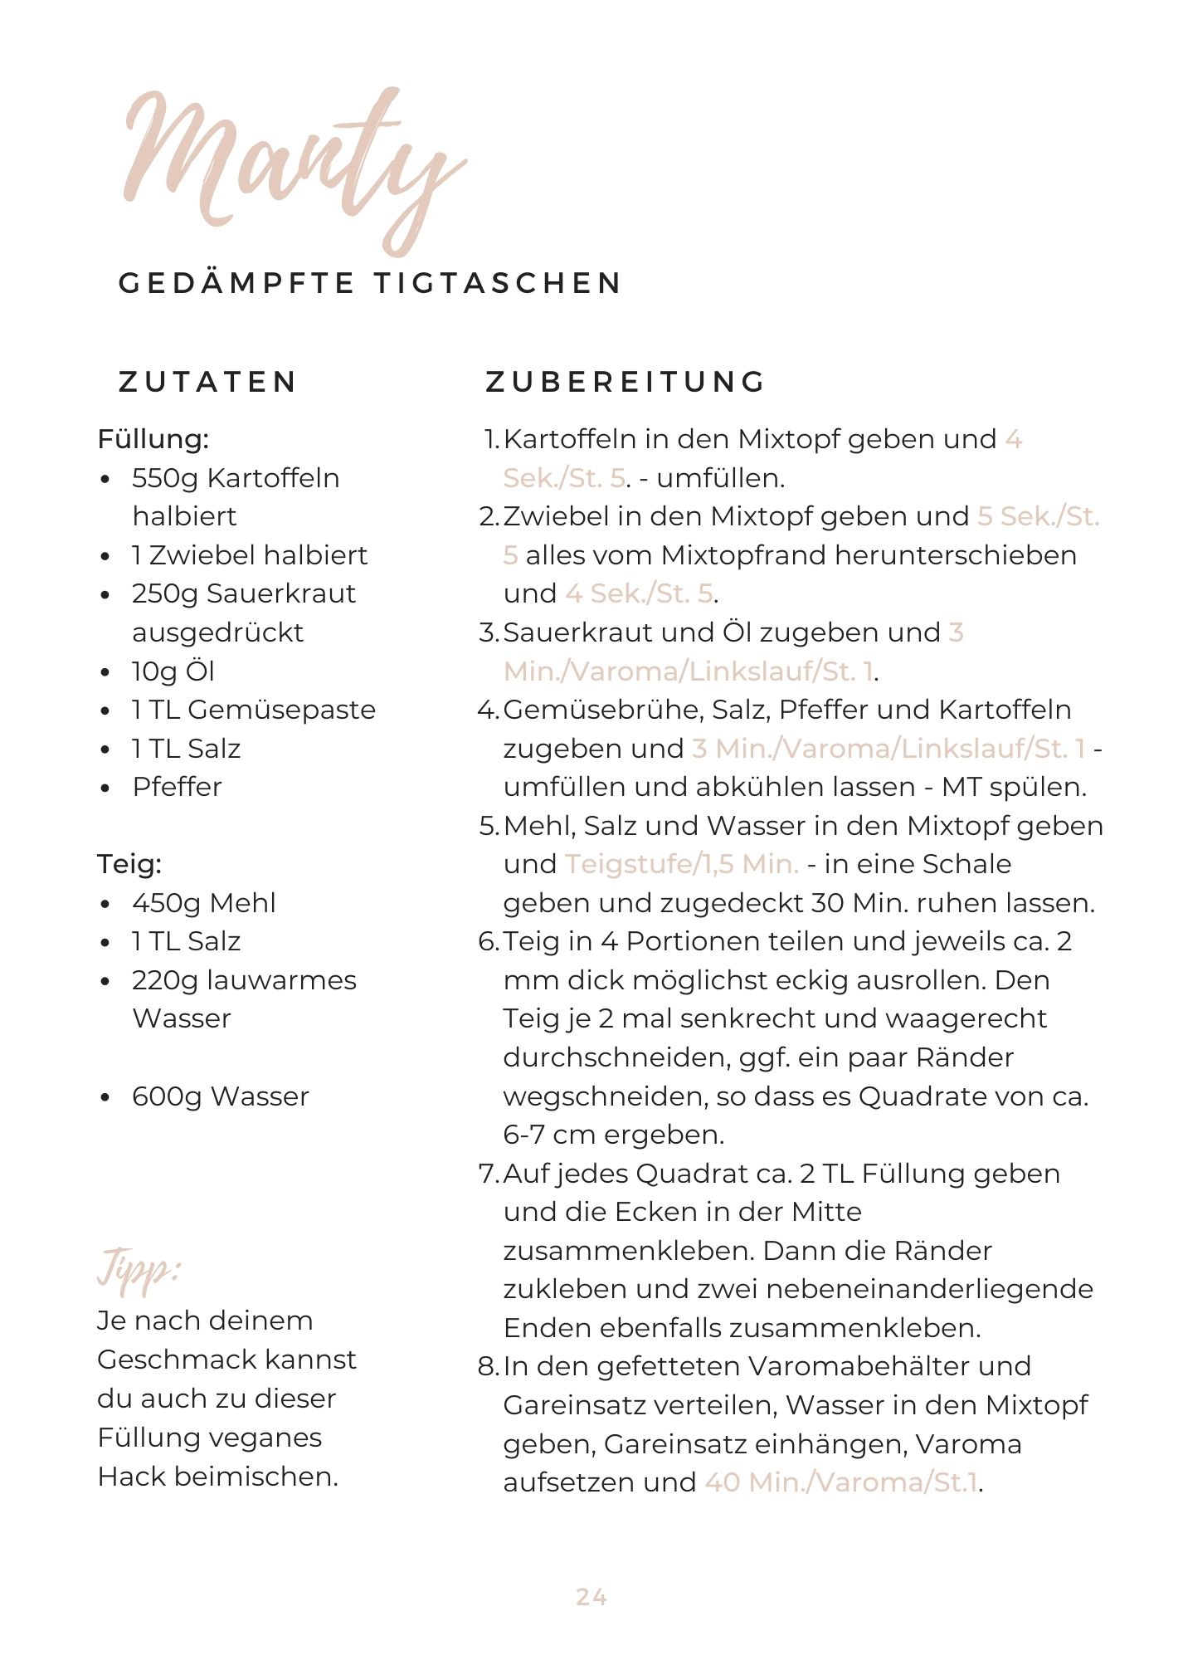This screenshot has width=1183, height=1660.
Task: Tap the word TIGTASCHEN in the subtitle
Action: coord(497,283)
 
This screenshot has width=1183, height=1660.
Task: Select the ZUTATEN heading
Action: coord(208,382)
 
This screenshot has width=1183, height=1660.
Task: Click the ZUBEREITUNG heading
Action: coord(626,382)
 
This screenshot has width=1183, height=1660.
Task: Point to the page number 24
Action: coord(591,1597)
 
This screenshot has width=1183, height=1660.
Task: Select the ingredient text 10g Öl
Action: coord(173,671)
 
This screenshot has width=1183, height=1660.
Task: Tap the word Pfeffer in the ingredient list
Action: coord(177,787)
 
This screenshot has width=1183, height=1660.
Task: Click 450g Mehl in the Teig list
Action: coord(203,903)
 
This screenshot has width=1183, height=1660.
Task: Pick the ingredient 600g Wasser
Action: coord(220,1096)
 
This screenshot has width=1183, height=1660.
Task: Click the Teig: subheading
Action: coord(129,864)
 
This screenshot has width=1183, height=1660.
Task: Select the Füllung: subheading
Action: coord(153,439)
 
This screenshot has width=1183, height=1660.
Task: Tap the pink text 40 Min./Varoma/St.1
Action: coord(841,1482)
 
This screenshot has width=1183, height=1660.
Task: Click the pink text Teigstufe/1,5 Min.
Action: coord(681,864)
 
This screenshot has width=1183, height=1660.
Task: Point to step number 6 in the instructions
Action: coord(487,942)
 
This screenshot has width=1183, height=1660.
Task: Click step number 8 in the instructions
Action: coord(487,1366)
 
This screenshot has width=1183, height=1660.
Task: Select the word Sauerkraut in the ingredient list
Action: coord(281,593)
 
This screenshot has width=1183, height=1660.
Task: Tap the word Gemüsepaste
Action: coord(282,710)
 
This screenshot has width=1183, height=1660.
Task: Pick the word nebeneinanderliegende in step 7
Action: coord(929,1289)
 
